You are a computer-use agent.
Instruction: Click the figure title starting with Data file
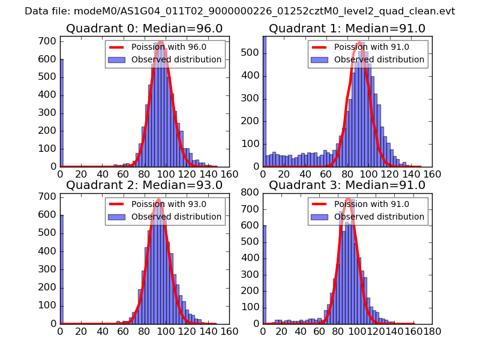coord(240,11)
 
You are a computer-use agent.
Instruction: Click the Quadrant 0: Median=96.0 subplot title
coord(144,28)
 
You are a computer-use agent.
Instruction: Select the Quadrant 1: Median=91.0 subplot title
coord(347,28)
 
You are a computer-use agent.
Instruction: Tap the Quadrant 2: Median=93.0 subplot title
coord(144,185)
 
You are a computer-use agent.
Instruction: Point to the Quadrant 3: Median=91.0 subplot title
coord(347,185)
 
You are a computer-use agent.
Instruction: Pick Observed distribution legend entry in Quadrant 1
coord(379,60)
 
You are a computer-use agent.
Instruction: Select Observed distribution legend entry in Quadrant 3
coord(379,217)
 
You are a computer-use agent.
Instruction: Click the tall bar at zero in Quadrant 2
coord(61,269)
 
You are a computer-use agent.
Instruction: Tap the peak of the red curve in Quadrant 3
coord(348,198)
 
